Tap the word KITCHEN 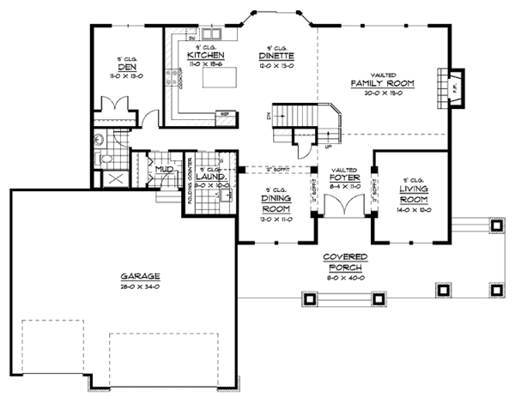[205, 55]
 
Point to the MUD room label [165, 170]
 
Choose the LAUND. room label [209, 177]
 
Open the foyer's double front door [343, 206]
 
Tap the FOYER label [343, 178]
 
